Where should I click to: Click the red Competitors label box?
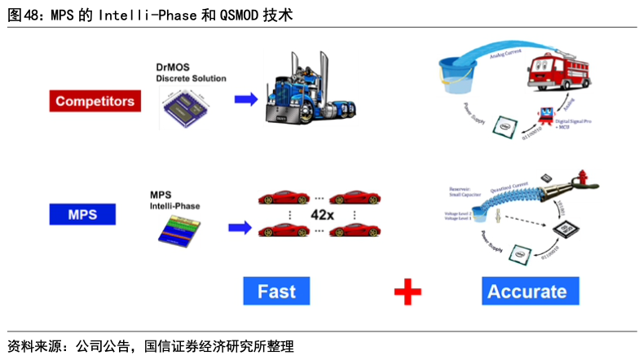coord(95,102)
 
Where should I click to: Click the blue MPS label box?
coord(82,215)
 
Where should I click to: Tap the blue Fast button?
coord(276,291)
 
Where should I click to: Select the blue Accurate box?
coord(527,291)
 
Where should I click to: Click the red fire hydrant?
coord(581,180)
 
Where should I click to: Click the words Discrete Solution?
coord(191,78)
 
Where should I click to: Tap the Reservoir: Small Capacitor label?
coord(466,191)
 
